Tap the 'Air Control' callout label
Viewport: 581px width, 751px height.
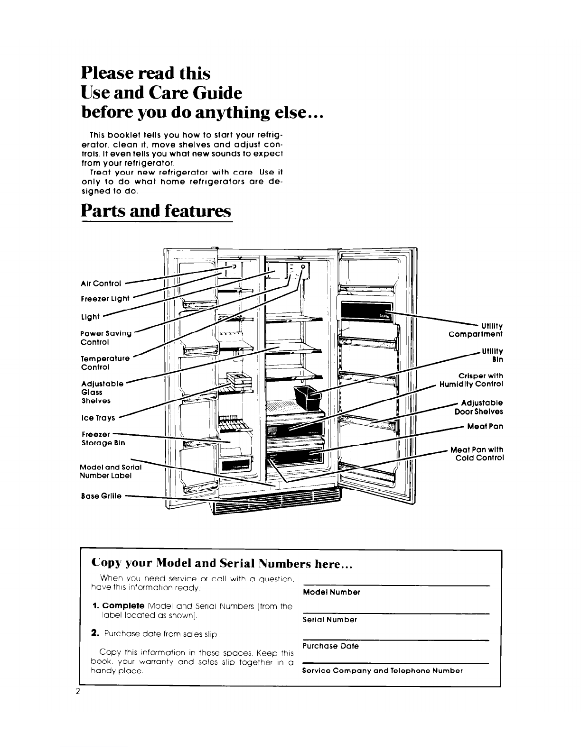pyautogui.click(x=101, y=284)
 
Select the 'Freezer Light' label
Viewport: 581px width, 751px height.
pyautogui.click(x=105, y=298)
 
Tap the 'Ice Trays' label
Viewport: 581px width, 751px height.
pyautogui.click(x=98, y=418)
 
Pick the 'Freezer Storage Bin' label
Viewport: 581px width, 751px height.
pyautogui.click(x=103, y=438)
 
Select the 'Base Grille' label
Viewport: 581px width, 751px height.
pyautogui.click(x=101, y=496)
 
